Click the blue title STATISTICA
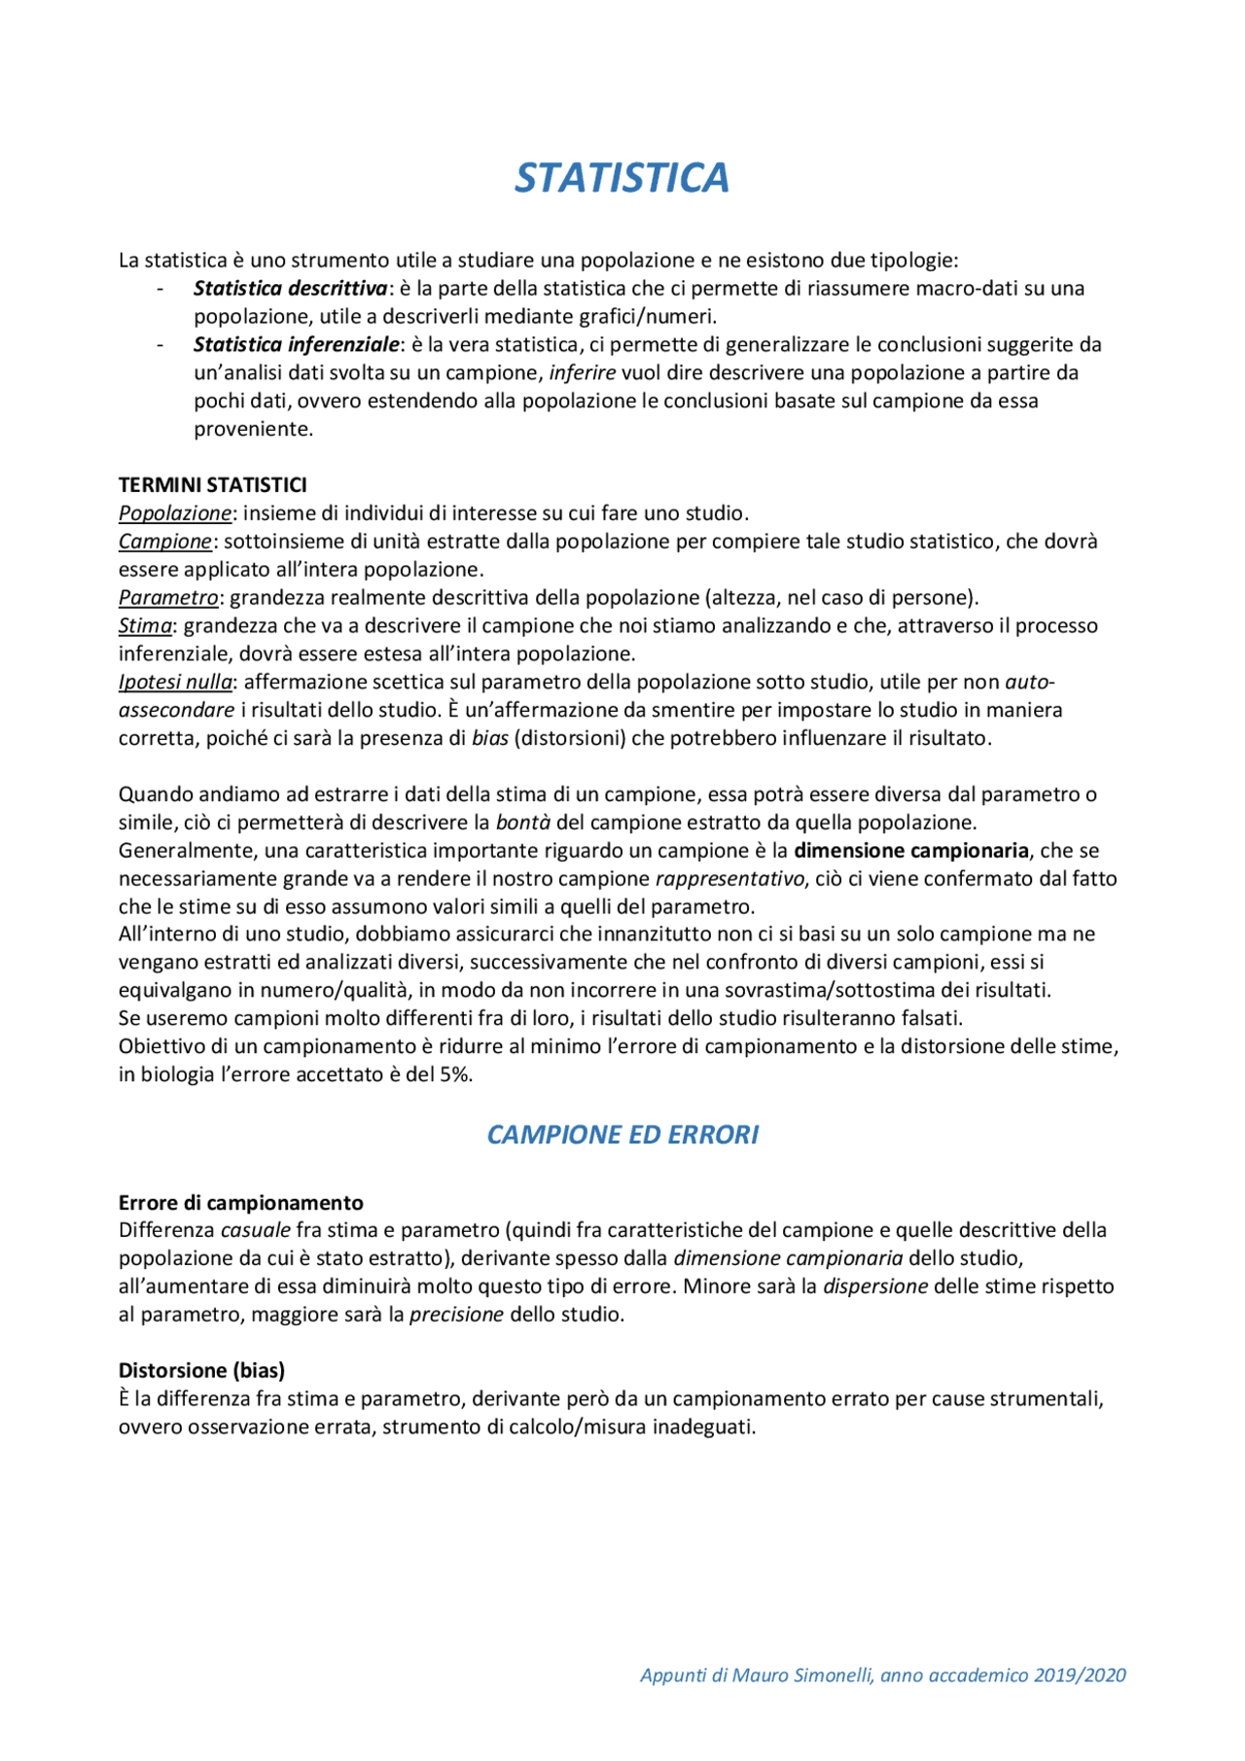622,178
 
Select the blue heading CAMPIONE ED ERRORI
622,1135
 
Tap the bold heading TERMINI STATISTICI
212,484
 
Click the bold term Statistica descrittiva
290,288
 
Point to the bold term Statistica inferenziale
296,344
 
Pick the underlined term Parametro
168,597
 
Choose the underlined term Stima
145,625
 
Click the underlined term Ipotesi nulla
175,682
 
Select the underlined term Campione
164,541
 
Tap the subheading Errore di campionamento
240,1202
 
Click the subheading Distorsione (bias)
201,1370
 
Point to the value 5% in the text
453,1074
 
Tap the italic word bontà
523,823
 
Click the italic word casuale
256,1230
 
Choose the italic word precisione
456,1315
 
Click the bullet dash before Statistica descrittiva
160,289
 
